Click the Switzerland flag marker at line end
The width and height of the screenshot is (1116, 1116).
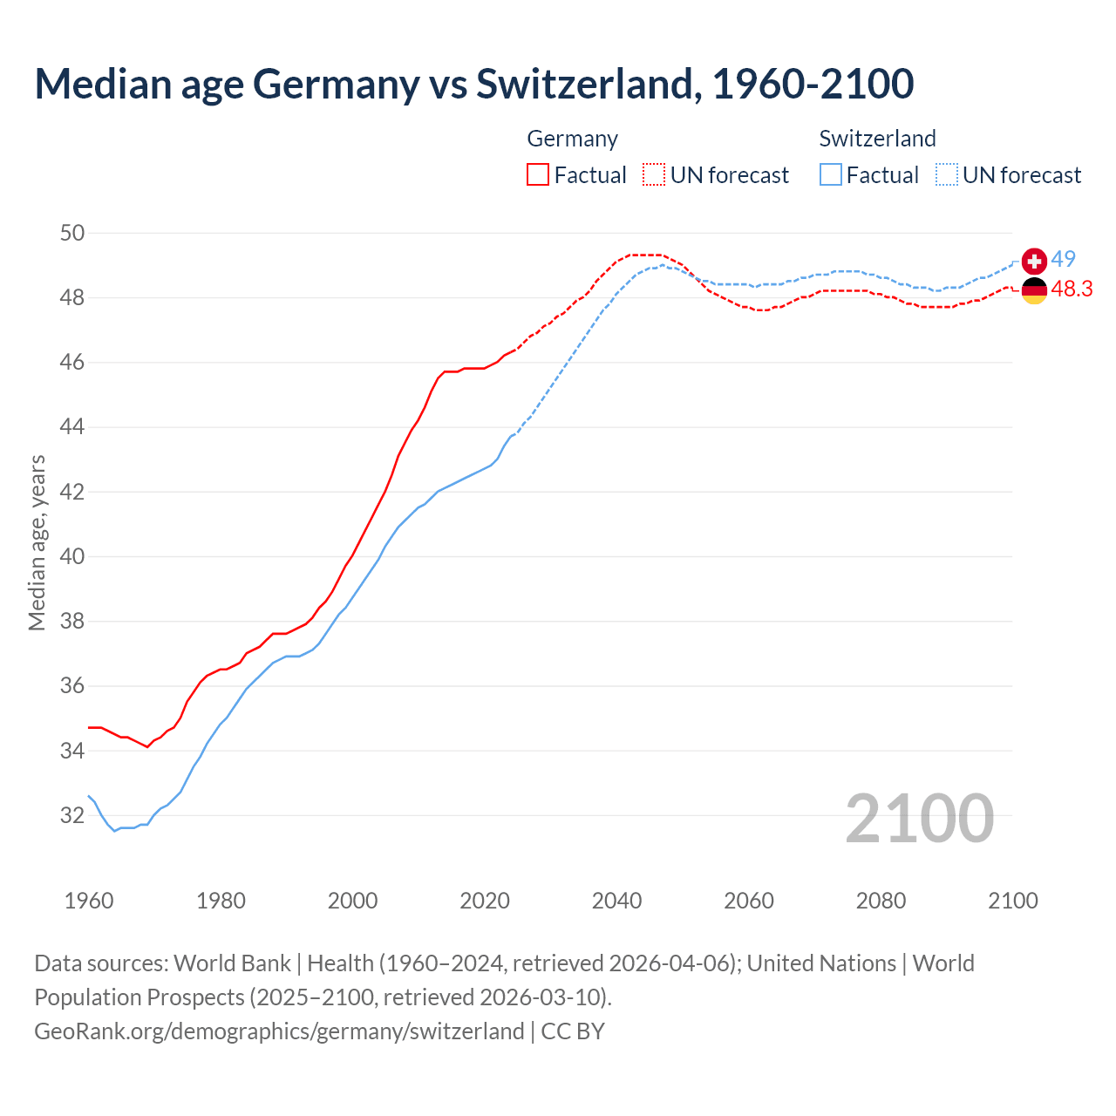tap(1033, 261)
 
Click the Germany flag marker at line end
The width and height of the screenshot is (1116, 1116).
tap(1033, 290)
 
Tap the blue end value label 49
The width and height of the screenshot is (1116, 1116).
tap(1063, 259)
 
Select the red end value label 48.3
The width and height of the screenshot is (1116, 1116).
tap(1072, 289)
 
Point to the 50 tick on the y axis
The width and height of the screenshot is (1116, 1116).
tap(72, 233)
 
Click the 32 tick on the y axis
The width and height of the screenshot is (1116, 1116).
tap(72, 816)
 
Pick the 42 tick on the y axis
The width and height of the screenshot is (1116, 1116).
tap(72, 492)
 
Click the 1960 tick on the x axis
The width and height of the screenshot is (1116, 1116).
tap(89, 901)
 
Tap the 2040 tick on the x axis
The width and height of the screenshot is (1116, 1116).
tap(616, 901)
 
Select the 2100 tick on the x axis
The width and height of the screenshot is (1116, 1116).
tap(1012, 901)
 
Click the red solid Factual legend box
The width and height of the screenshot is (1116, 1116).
tap(538, 175)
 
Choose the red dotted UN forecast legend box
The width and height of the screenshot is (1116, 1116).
tap(654, 175)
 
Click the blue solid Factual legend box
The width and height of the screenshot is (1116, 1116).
tap(831, 175)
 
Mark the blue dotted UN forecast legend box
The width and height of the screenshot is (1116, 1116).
tap(947, 175)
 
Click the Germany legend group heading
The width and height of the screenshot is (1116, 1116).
tap(572, 139)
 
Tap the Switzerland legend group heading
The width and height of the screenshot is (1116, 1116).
tap(877, 139)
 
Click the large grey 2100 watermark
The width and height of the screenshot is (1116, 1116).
tap(919, 818)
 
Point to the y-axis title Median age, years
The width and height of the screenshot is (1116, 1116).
tap(37, 542)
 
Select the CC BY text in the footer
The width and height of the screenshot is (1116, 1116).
tap(573, 1031)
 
